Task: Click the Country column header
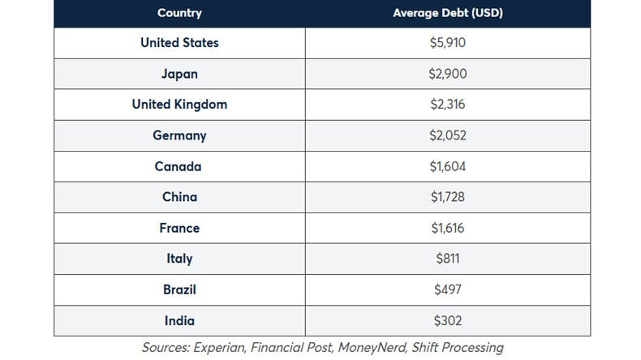point(179,13)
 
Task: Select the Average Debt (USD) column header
point(448,13)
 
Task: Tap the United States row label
point(179,43)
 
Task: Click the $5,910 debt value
point(448,43)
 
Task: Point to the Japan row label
point(179,74)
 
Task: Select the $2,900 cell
point(448,74)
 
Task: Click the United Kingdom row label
point(179,105)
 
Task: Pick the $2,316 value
point(448,105)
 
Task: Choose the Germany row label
point(179,135)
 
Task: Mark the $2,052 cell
point(448,135)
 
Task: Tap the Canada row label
point(179,166)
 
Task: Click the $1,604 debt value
point(448,166)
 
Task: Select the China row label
point(179,197)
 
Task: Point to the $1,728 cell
point(448,197)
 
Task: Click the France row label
point(179,228)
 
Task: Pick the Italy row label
point(179,259)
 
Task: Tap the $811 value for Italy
point(448,259)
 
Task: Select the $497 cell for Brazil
point(448,289)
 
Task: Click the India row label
point(179,320)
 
